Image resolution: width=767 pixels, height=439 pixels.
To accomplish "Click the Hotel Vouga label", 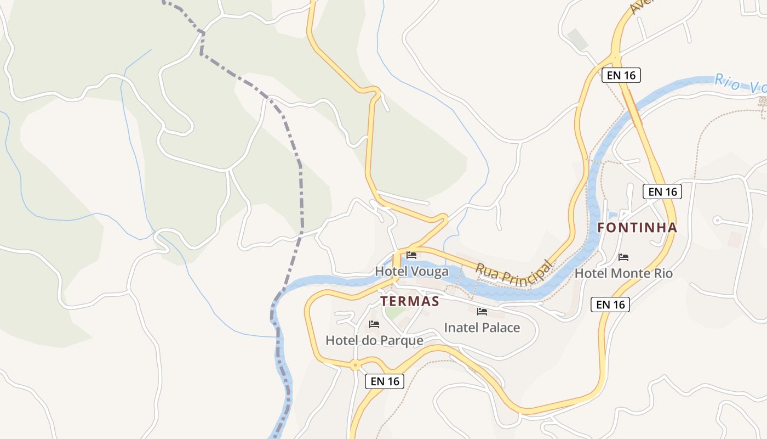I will click(411, 271).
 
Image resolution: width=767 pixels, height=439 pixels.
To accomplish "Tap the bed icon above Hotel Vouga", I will click(411, 255).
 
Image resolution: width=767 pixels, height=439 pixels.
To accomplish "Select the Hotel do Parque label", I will click(374, 340).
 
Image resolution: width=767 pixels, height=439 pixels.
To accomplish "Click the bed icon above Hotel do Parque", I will click(374, 324).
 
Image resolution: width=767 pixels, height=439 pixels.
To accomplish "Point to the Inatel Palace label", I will click(482, 328).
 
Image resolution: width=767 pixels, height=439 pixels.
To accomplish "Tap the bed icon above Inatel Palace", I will click(482, 312).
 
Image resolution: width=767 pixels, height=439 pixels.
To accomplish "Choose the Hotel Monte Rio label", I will click(623, 273).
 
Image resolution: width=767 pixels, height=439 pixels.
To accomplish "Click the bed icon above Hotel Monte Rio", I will click(623, 257).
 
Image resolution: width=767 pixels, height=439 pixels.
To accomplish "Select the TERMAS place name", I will click(410, 301).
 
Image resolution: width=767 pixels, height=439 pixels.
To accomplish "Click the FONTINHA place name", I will click(637, 227).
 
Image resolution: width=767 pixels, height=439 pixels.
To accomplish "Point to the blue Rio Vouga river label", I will click(740, 83).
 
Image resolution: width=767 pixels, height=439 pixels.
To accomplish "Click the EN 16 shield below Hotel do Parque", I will click(385, 381).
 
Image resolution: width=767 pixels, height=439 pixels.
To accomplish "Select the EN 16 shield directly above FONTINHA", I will click(662, 192).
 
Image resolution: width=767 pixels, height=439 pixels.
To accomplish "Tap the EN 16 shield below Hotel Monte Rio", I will click(610, 305).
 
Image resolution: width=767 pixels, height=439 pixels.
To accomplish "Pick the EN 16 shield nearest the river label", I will click(621, 75).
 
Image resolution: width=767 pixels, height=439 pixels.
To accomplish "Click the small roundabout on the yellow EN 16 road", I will click(356, 364).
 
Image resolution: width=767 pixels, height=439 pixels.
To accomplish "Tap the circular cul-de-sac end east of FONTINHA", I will click(717, 220).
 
